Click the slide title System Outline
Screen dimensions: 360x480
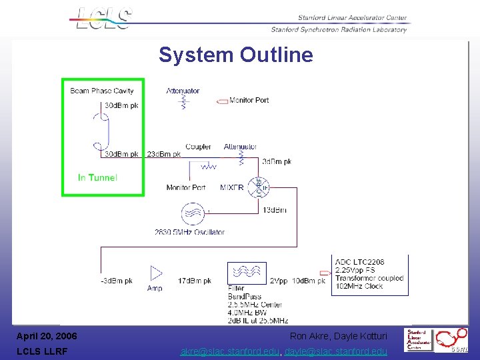235,55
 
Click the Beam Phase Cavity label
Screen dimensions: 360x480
102,91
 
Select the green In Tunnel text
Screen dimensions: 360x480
97,177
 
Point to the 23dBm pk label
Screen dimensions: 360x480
164,154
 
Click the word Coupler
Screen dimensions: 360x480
198,147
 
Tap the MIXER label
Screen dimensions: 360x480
231,188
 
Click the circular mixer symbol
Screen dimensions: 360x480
259,187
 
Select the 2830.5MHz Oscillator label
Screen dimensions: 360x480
189,232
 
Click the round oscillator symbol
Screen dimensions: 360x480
193,214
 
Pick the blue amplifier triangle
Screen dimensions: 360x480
156,273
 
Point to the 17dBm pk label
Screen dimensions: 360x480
195,281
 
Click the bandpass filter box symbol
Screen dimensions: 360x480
247,273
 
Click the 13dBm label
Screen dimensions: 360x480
275,210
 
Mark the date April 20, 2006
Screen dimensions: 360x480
47,336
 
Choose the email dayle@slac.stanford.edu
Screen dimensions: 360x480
336,351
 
